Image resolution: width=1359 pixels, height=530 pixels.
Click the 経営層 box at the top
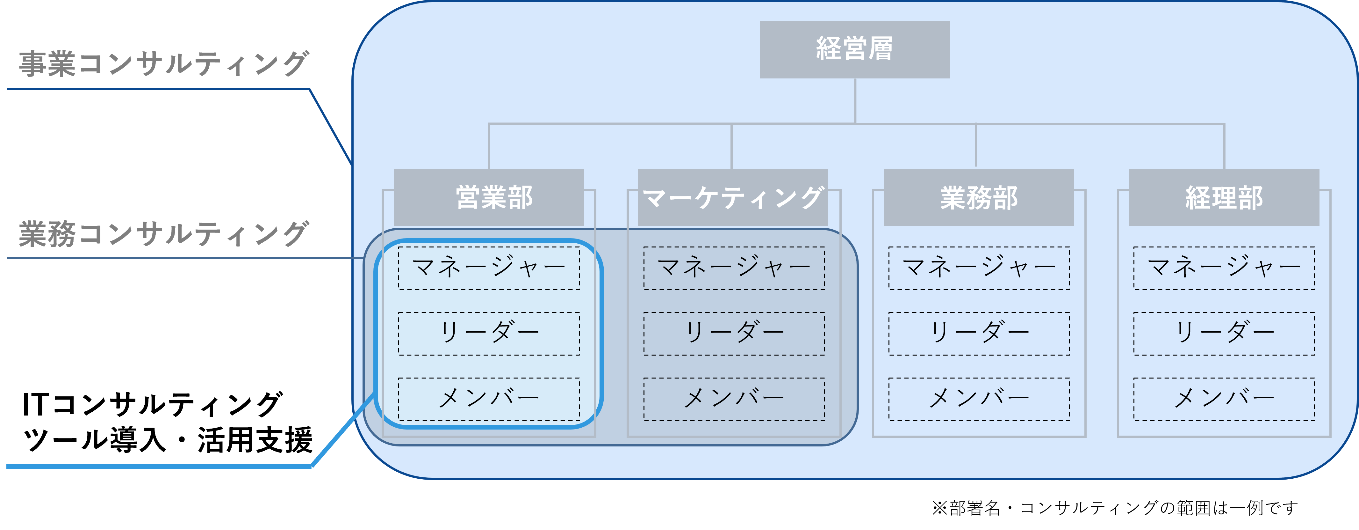click(x=855, y=50)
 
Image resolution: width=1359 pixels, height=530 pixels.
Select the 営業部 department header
click(x=489, y=197)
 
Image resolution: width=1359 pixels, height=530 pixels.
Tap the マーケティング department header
click(x=733, y=197)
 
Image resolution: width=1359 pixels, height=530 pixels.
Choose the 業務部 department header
click(x=979, y=197)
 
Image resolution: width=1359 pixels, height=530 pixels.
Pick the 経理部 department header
click(x=1224, y=197)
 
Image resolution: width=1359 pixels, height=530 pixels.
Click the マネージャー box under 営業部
click(x=489, y=268)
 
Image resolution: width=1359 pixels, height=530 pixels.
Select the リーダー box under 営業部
click(x=489, y=334)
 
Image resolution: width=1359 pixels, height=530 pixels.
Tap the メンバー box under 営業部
click(x=489, y=399)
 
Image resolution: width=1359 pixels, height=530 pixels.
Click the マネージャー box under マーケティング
click(x=734, y=268)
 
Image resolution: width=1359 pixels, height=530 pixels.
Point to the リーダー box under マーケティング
click(x=734, y=334)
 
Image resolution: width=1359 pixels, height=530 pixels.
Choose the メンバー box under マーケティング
click(x=734, y=399)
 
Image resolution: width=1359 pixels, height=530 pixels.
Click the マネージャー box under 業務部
click(x=979, y=268)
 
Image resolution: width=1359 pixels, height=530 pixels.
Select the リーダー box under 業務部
click(x=979, y=334)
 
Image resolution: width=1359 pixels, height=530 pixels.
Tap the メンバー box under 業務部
click(x=979, y=399)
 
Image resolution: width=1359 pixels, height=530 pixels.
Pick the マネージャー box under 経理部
click(x=1224, y=268)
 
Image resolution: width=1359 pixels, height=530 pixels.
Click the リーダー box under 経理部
click(x=1224, y=334)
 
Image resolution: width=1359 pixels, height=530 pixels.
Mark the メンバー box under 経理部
click(x=1224, y=399)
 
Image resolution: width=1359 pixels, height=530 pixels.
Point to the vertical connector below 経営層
click(x=855, y=101)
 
